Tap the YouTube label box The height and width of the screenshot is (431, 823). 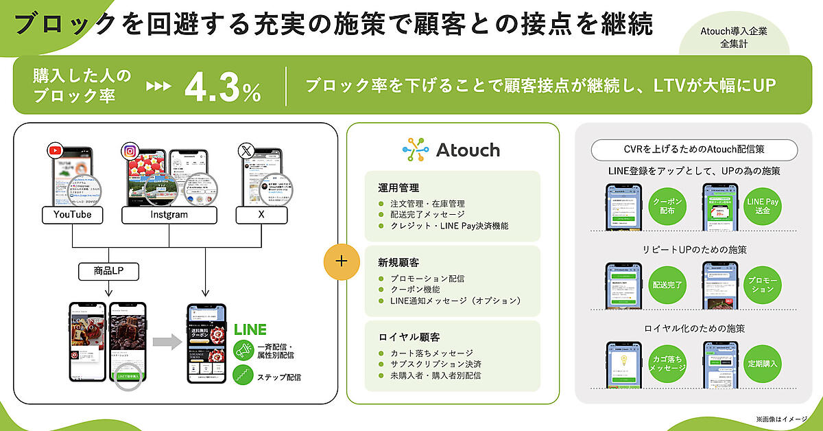73,215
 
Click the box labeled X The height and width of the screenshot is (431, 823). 262,215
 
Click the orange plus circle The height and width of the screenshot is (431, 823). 342,261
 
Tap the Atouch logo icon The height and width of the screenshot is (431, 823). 416,150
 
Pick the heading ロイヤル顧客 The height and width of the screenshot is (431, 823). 404,338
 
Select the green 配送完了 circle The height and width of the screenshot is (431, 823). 667,284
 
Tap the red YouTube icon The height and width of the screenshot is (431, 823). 55,150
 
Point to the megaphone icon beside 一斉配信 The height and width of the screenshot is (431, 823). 243,350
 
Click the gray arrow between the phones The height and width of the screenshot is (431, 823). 167,342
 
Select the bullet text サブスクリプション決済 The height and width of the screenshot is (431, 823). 436,364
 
